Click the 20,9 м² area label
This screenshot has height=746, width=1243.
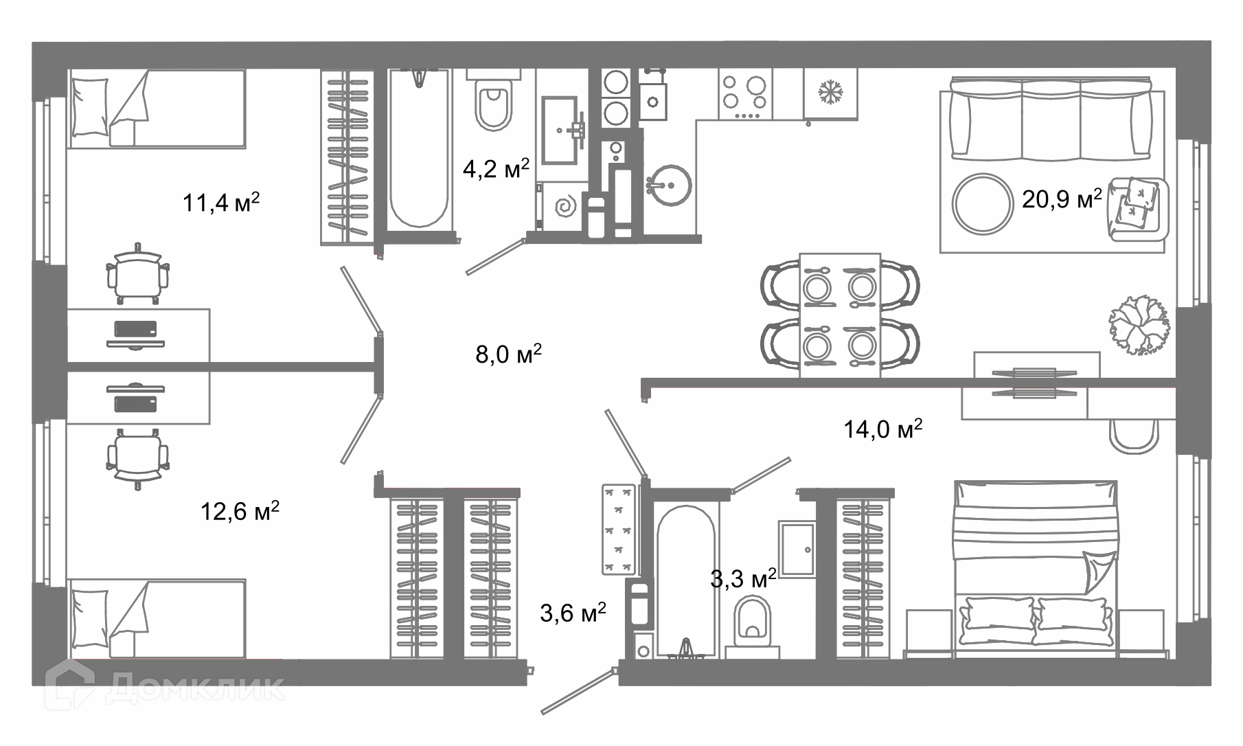[1062, 199]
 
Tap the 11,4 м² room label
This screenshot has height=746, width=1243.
[221, 203]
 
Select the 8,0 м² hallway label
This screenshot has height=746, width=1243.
[509, 354]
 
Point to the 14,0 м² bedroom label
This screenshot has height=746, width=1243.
[882, 429]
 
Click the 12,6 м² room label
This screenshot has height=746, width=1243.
[240, 511]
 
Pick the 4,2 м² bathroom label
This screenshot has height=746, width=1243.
[496, 169]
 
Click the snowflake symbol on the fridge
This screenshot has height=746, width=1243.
[832, 92]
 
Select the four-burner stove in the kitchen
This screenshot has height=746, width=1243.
[746, 94]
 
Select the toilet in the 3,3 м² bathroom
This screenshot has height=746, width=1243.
[753, 622]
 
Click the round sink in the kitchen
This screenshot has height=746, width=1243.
[668, 185]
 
